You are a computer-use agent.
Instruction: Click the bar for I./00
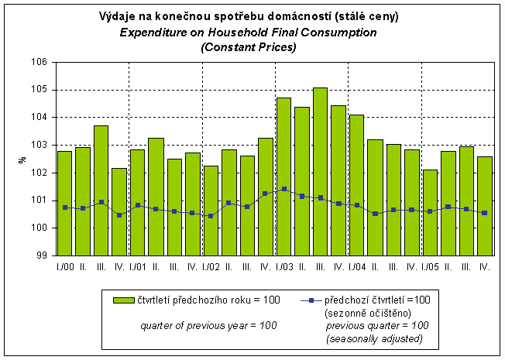[64, 203]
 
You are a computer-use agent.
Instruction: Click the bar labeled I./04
[356, 185]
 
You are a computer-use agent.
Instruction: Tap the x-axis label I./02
[210, 267]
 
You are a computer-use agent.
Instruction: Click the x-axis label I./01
[137, 267]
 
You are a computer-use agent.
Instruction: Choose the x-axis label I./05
[429, 267]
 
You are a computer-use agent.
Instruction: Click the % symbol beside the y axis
[22, 159]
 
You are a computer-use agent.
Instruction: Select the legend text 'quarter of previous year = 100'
[208, 326]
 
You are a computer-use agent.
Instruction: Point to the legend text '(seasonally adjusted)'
[373, 339]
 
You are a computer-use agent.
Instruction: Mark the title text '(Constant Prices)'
[249, 47]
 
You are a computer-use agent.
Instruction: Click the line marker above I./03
[283, 189]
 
